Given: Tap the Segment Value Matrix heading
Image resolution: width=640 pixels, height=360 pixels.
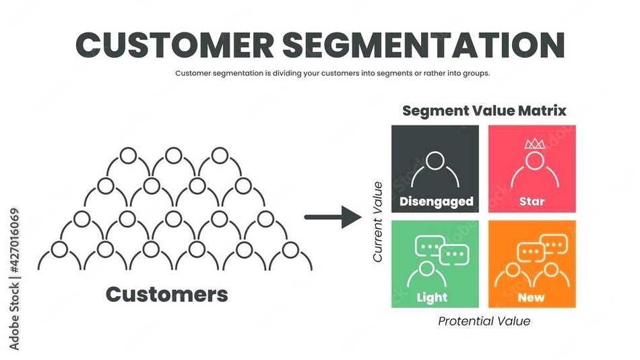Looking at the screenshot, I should click(484, 110).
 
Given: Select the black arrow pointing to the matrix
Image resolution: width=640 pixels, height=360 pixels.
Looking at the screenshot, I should click(333, 217).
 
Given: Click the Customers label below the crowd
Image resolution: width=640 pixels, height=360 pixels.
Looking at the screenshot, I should click(167, 294).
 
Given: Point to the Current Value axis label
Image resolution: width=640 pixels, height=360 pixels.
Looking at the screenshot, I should click(378, 222).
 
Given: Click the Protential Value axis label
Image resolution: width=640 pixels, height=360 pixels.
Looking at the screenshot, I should click(484, 321).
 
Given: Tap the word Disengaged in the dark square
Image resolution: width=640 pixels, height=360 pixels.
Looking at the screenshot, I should click(436, 201).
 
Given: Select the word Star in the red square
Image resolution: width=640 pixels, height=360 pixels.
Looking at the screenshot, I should click(532, 201).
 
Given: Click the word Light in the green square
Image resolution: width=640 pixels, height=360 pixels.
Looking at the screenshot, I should click(432, 297).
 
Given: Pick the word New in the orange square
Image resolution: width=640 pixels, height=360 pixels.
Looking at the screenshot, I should click(532, 297).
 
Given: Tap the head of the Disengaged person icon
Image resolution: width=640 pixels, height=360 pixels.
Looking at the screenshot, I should click(435, 160).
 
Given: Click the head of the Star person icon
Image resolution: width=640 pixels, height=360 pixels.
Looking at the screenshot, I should click(533, 160).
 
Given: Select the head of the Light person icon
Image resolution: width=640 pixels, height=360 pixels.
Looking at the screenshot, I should click(426, 269).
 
